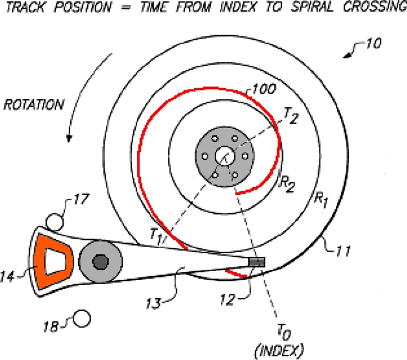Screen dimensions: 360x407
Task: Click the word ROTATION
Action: (x=34, y=105)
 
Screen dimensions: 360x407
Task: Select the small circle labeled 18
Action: (x=81, y=319)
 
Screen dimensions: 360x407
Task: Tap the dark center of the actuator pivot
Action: (x=101, y=261)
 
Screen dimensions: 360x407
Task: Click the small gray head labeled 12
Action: (x=257, y=262)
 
